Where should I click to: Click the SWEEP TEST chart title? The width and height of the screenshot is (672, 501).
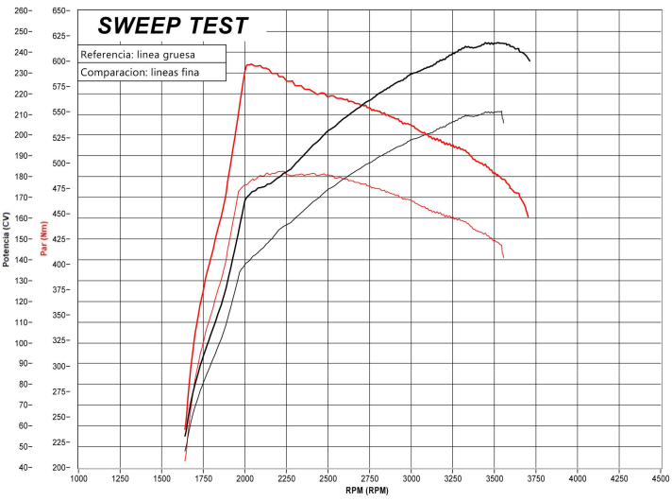pos(174,25)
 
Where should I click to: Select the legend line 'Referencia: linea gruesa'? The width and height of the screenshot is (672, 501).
pos(138,54)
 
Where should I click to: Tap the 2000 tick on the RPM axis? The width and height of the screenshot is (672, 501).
pos(244,478)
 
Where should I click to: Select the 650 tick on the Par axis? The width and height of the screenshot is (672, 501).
pos(59,10)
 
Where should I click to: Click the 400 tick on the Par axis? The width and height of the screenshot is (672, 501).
pos(59,265)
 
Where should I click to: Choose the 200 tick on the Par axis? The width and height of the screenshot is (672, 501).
pos(59,468)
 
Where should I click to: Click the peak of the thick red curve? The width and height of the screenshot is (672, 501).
pos(249,64)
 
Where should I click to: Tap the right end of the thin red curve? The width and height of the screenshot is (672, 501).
pos(503,257)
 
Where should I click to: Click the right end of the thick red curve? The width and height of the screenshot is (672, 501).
pos(528,217)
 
